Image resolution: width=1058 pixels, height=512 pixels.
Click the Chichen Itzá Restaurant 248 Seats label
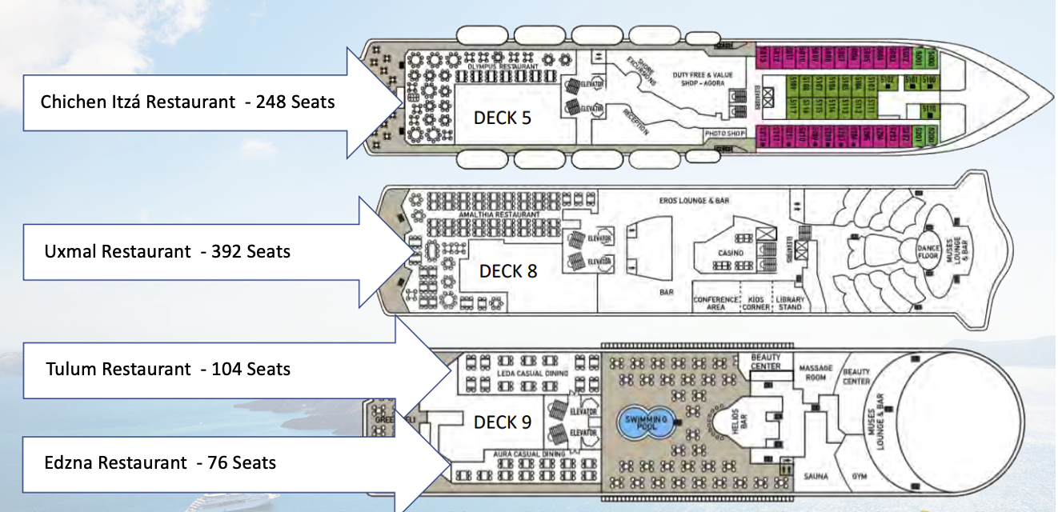[187, 102]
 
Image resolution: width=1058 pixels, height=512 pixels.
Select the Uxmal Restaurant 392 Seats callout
[167, 251]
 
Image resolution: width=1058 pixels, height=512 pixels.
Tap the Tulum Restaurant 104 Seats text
[168, 369]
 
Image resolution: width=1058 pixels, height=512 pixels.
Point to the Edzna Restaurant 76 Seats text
[161, 462]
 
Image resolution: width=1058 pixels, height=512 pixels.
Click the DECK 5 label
[503, 118]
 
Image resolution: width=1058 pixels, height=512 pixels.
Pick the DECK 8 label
[508, 271]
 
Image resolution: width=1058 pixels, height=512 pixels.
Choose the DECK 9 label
[503, 422]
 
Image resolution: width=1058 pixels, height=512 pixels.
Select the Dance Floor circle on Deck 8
[930, 252]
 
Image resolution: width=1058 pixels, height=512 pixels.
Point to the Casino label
[730, 253]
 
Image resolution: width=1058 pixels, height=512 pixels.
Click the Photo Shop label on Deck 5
[724, 133]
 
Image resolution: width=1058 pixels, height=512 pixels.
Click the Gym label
[860, 477]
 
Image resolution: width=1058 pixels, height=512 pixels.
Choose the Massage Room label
[816, 372]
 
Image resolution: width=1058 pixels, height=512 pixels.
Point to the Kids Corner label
[755, 303]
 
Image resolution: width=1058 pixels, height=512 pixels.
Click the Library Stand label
[790, 303]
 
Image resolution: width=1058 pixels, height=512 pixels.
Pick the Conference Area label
[716, 303]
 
